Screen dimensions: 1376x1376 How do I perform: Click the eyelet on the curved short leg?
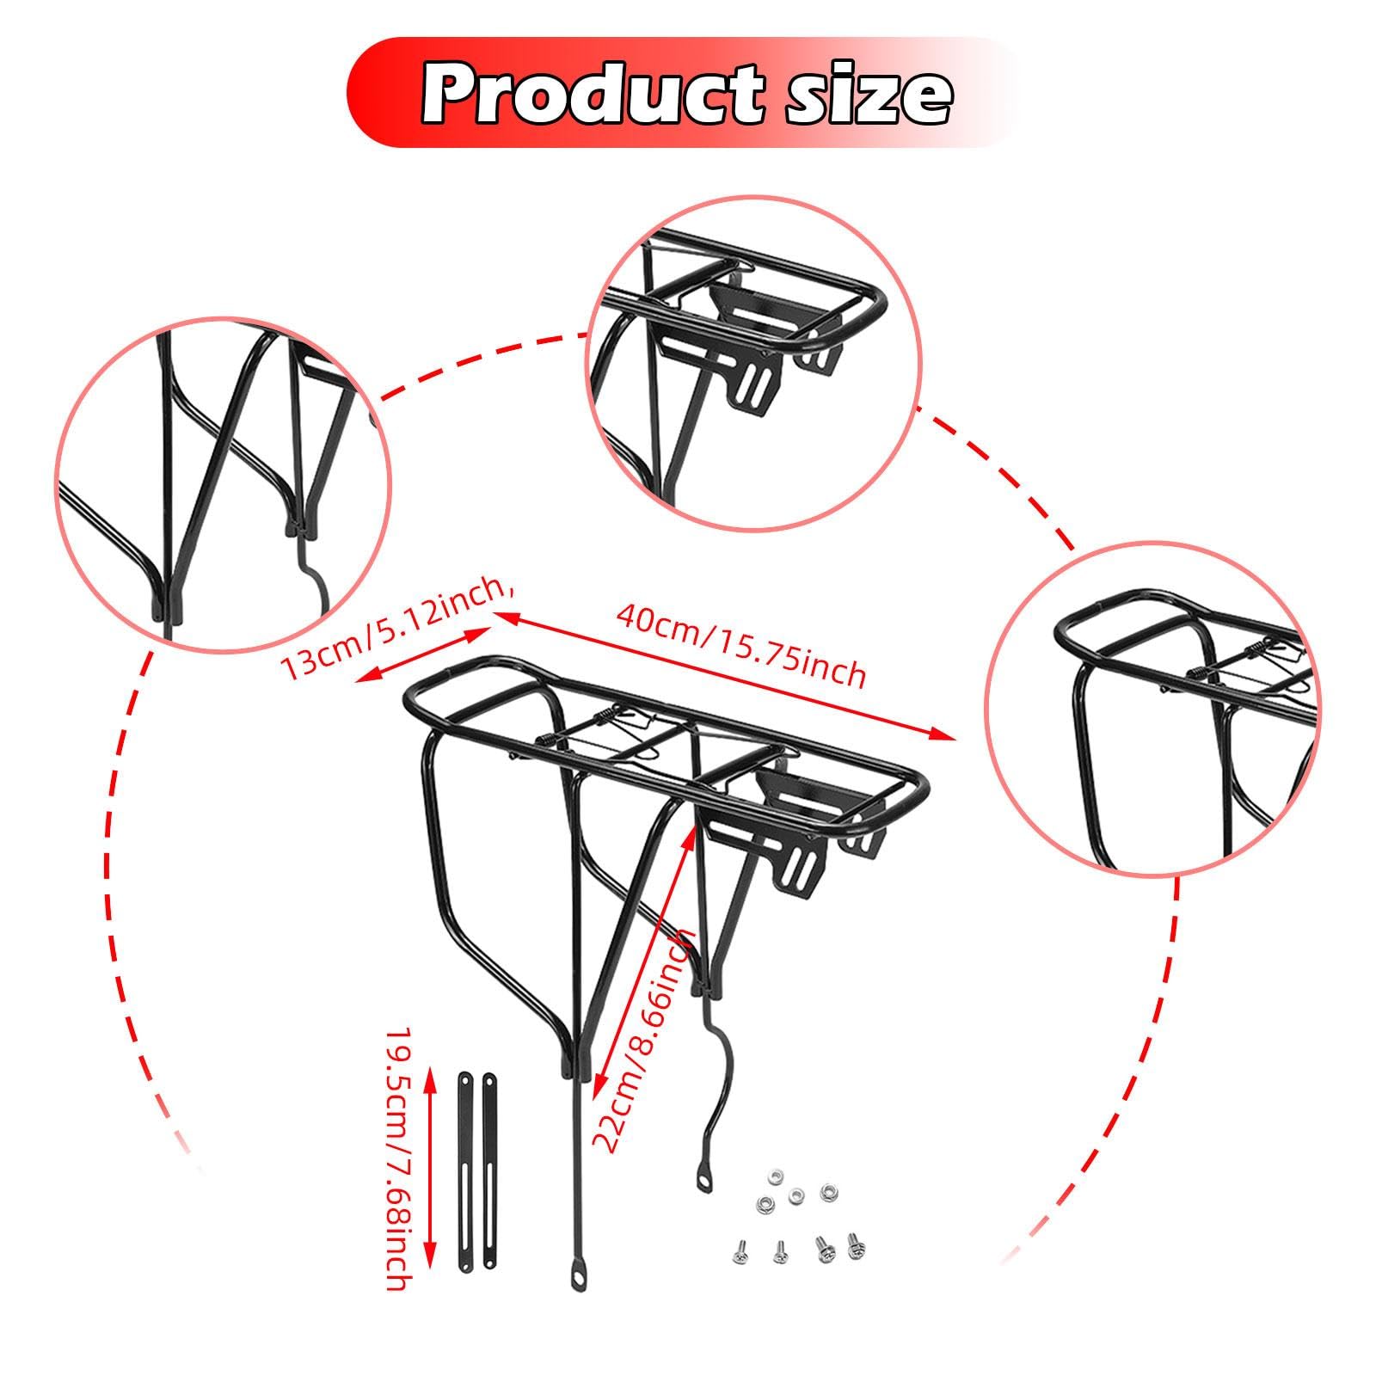(x=705, y=1185)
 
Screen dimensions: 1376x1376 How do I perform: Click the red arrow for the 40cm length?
(x=722, y=675)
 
